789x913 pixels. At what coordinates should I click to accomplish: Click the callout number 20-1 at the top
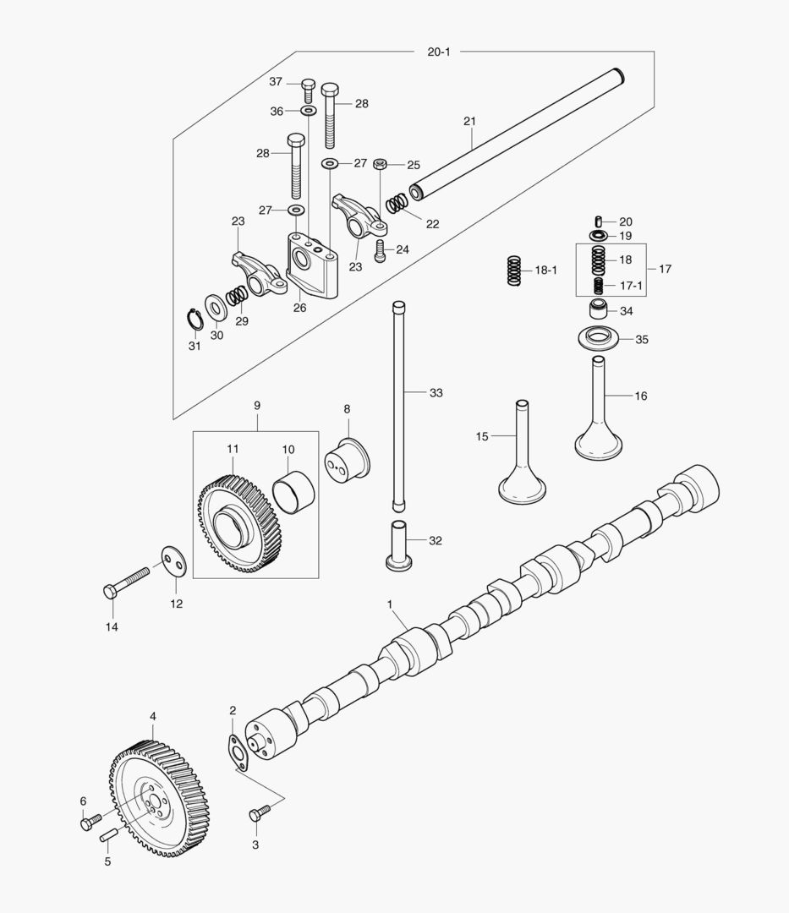point(439,52)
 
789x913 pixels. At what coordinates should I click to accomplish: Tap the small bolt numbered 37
point(308,89)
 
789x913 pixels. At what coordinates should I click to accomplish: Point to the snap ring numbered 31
point(195,322)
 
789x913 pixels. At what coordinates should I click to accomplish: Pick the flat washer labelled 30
point(215,307)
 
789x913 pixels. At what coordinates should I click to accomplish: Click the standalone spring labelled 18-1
point(512,271)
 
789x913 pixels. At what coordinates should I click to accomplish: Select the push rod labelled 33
point(397,406)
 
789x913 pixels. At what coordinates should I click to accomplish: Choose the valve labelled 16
point(599,414)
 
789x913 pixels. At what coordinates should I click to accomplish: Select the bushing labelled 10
point(293,491)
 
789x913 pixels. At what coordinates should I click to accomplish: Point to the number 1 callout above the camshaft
point(390,604)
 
